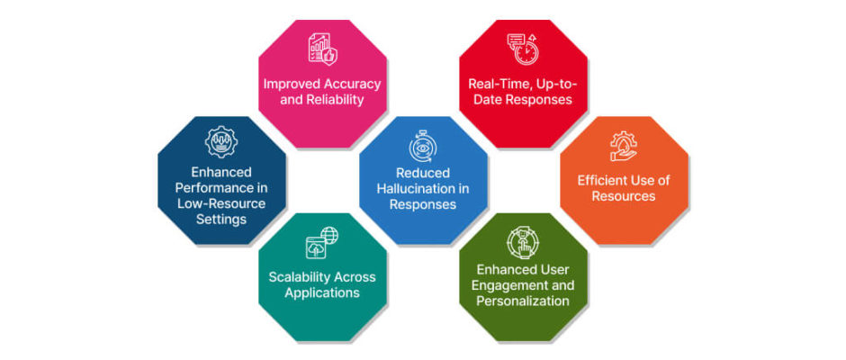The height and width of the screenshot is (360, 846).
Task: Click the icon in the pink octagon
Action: (322, 49)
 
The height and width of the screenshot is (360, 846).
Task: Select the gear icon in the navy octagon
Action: (221, 142)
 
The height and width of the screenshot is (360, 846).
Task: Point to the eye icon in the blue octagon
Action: (423, 147)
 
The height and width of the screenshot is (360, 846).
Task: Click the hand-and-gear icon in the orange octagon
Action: (624, 147)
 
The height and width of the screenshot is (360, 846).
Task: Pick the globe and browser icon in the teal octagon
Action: (322, 242)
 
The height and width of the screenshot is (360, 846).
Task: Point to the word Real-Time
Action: (494, 85)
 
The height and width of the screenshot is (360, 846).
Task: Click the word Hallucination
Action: (422, 189)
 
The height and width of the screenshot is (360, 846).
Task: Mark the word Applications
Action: (322, 293)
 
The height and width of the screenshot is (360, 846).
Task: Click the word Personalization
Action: (523, 301)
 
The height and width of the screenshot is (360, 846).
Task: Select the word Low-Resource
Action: (221, 203)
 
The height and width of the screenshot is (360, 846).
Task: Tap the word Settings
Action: (221, 220)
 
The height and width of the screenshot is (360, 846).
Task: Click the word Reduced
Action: (423, 173)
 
